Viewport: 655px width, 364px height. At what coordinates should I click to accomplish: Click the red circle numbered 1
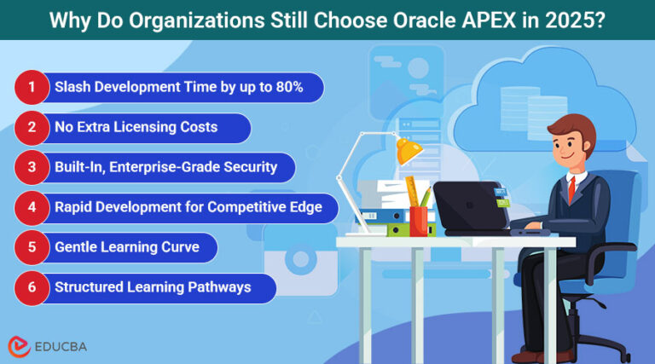coord(32,87)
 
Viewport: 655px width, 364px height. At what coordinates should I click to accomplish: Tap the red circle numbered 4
coord(32,207)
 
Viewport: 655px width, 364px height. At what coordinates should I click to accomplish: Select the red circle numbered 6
coord(32,288)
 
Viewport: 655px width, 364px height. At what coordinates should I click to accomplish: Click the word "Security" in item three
coord(248,167)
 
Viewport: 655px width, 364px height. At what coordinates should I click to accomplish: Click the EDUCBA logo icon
coord(19,345)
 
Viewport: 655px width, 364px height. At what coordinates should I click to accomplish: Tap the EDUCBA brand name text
coord(61,346)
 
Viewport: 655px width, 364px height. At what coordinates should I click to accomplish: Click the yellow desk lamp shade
coord(408,152)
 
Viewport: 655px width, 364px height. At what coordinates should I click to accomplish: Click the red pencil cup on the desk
coord(419,220)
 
